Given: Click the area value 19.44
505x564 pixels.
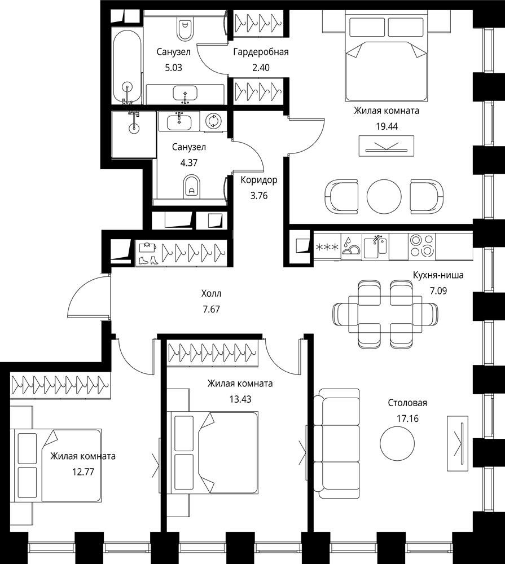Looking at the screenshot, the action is point(387,126).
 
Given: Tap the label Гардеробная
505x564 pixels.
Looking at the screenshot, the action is point(261,52).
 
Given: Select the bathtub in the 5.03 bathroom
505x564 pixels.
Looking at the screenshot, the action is point(127,67).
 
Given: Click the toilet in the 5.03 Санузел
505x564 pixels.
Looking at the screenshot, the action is point(185,29).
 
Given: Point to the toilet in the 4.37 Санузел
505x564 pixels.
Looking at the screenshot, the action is point(192,186).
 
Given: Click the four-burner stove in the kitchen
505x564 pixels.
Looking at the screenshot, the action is point(422,246).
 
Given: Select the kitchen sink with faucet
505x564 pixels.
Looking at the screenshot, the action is point(375,246).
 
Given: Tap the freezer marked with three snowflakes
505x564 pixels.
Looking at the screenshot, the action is point(327,247).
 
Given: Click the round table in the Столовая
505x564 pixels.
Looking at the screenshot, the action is point(397,443).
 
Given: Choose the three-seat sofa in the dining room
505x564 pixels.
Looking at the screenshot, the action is point(336,444).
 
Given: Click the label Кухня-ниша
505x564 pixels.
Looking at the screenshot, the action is point(438,275).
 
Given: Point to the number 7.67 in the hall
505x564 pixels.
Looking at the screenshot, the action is point(211,309).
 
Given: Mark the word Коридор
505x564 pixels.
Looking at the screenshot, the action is point(259,180).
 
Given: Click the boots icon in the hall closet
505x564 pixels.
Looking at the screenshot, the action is point(148,260).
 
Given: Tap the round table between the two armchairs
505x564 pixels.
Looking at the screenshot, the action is point(384,196).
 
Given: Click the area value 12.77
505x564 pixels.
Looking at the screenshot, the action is point(83,472).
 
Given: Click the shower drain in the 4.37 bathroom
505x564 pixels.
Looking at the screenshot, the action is point(134,126).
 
